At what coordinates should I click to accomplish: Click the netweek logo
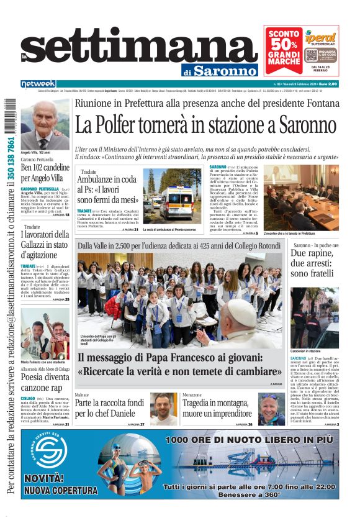(x=38, y=84)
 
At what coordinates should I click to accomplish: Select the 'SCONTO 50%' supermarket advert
(x=301, y=50)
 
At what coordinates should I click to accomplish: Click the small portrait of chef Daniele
(x=163, y=407)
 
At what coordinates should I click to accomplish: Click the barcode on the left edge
(x=9, y=119)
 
